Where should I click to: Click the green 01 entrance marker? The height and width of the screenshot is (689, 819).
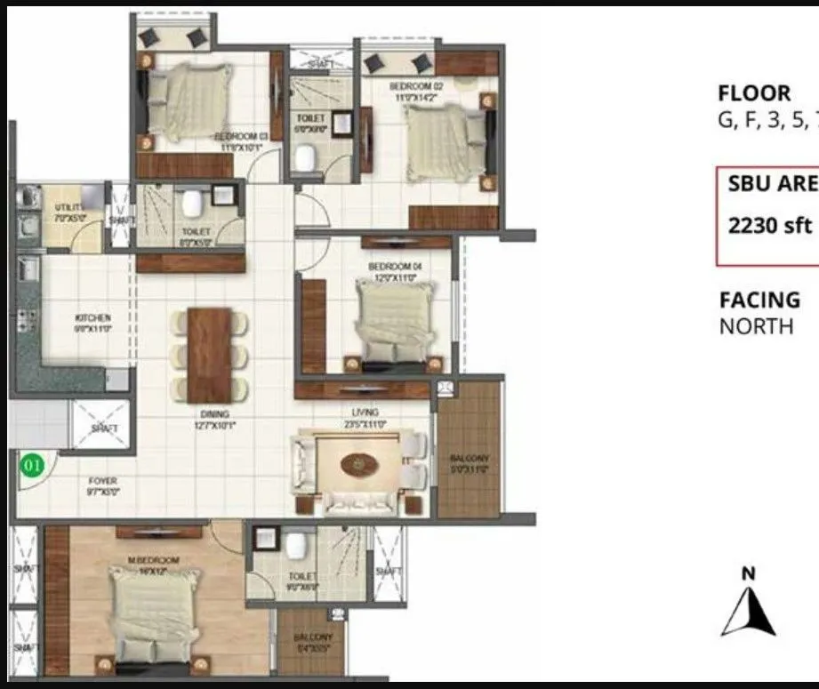pos(31,464)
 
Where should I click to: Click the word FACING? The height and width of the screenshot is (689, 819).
pos(759,300)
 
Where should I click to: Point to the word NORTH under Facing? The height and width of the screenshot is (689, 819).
pos(756,326)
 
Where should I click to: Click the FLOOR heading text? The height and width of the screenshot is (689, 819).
pos(754,93)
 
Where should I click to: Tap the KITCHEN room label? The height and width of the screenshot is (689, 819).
pos(93,317)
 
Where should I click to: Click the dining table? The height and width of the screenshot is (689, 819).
pos(210,355)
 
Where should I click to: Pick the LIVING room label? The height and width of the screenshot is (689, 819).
pos(365,413)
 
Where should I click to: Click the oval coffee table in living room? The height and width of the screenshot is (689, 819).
pos(358,464)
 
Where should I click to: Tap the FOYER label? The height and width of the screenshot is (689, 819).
pos(102,481)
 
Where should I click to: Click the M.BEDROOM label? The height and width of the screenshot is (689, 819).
pos(154,561)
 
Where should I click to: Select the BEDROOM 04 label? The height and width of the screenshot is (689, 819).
pos(393,267)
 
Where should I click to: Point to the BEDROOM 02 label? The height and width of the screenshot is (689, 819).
pos(415,86)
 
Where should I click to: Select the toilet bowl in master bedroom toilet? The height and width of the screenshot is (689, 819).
pos(297,543)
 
